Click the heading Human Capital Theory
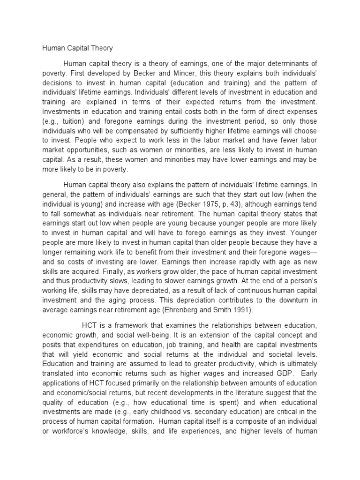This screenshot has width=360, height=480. coord(78,48)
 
